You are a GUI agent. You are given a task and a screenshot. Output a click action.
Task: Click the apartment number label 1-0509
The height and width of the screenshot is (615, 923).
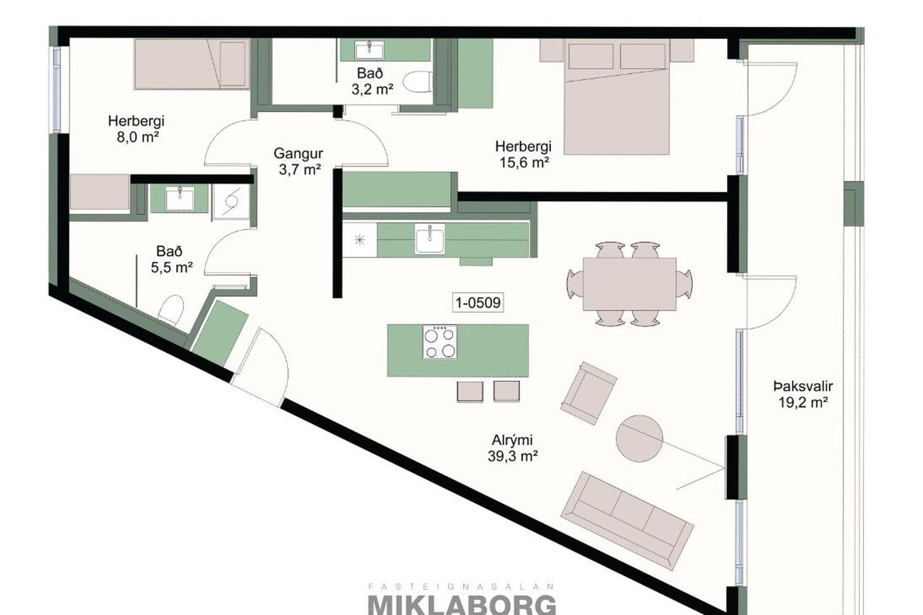pyautogui.click(x=478, y=303)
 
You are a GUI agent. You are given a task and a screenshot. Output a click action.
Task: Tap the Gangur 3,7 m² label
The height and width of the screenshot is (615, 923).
pyautogui.click(x=298, y=161)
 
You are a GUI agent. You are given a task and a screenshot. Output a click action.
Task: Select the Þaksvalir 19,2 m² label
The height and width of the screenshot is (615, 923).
pyautogui.click(x=803, y=394)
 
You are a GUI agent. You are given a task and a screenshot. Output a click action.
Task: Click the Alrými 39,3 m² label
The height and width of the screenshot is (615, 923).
pyautogui.click(x=513, y=448)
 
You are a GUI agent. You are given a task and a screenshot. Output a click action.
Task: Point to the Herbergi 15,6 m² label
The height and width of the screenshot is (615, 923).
pyautogui.click(x=523, y=155)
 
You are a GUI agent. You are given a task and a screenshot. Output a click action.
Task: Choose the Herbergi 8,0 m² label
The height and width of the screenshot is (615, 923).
pyautogui.click(x=136, y=129)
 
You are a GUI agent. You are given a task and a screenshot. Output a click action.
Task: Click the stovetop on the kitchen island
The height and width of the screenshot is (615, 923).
pyautogui.click(x=439, y=342)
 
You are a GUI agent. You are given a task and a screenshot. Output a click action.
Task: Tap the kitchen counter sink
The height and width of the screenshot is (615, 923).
pyautogui.click(x=430, y=240)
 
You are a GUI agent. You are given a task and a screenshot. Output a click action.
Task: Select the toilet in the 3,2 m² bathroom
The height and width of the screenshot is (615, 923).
pyautogui.click(x=417, y=82)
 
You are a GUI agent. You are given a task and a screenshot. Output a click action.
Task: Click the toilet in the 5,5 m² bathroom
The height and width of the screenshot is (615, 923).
pyautogui.click(x=170, y=311)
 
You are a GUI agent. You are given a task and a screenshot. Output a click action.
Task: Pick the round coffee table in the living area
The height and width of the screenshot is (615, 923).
pyautogui.click(x=639, y=438)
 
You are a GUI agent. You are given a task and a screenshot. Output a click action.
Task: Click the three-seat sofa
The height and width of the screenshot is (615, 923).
pyautogui.click(x=627, y=521)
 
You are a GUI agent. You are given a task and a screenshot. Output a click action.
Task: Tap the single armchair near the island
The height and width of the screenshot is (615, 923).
pyautogui.click(x=589, y=394)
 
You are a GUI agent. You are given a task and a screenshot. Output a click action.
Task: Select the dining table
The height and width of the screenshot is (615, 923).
pyautogui.click(x=630, y=284)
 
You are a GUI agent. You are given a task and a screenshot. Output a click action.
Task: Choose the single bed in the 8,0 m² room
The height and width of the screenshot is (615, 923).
pyautogui.click(x=192, y=64)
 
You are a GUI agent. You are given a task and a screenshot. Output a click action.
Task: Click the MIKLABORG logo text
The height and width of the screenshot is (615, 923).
pyautogui.click(x=462, y=605)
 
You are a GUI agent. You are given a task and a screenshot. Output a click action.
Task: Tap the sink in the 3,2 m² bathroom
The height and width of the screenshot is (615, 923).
pyautogui.click(x=370, y=50)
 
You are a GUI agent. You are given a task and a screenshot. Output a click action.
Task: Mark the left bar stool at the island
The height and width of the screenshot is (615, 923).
pyautogui.click(x=470, y=392)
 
